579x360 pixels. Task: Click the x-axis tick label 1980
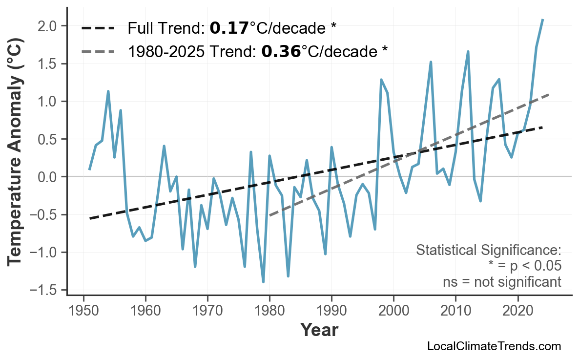coord(269,311)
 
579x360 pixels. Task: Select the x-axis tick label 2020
coord(517,311)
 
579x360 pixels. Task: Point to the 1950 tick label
coord(83,311)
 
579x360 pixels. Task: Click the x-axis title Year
coord(319,330)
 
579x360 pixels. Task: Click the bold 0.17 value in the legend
coord(229,28)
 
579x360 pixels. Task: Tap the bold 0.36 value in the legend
coord(281,51)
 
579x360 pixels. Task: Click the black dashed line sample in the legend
coord(98,28)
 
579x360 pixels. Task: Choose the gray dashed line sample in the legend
coord(98,51)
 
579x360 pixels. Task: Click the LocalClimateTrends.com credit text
coord(494,347)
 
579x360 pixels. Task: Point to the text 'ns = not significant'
coord(502,282)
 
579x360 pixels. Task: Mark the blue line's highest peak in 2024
coord(542,20)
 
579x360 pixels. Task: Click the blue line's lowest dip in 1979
coord(263,282)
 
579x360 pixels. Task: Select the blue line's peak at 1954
coord(108,91)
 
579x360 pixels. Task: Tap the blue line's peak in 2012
coord(468,51)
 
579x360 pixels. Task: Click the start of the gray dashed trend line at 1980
coord(269,215)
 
